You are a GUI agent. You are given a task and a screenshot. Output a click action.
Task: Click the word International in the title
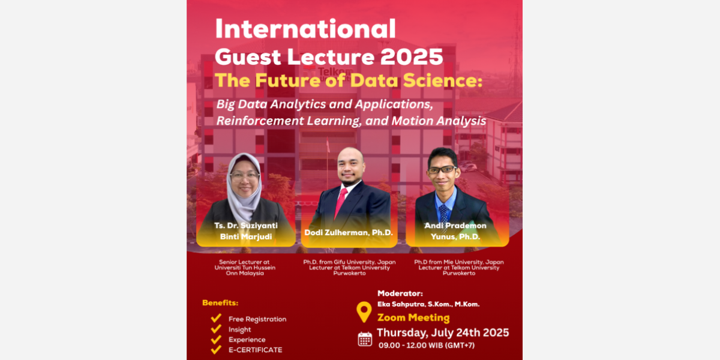(305, 29)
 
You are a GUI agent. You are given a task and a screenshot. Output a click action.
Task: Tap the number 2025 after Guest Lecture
(412, 57)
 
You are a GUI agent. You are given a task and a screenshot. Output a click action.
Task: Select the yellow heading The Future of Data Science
(349, 80)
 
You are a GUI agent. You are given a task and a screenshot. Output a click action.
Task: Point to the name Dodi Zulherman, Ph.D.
(349, 232)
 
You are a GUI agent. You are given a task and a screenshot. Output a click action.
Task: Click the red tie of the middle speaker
(341, 203)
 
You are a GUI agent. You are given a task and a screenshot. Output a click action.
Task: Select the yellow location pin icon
(364, 312)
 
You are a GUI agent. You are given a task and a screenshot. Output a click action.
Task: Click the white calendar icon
(365, 340)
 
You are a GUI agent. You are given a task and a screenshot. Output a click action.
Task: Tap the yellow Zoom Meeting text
(413, 317)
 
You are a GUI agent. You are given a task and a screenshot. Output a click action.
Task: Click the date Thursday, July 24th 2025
(443, 332)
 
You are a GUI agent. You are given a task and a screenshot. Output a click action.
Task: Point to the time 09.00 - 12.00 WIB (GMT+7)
(427, 346)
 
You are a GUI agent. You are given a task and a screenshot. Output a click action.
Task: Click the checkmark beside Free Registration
(216, 318)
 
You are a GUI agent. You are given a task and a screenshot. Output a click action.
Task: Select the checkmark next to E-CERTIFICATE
(216, 349)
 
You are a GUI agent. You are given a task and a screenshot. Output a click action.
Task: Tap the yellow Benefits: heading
(221, 303)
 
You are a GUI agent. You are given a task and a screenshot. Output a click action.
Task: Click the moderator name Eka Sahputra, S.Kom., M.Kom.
(428, 304)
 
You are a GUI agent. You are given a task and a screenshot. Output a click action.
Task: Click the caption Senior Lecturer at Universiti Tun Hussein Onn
(245, 268)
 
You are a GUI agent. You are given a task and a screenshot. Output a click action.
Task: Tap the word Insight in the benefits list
(240, 330)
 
